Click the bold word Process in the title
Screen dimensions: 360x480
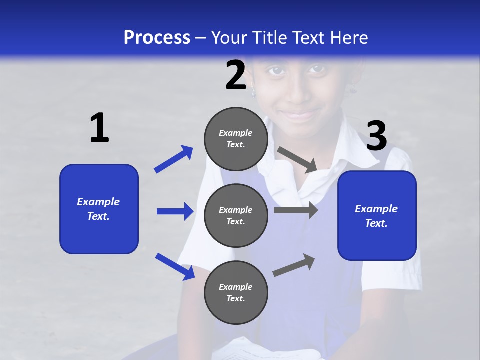click(x=157, y=38)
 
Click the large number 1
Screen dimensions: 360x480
click(x=99, y=128)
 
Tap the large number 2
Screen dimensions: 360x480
click(x=236, y=75)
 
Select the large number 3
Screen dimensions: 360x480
click(x=376, y=136)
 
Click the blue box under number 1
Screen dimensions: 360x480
click(x=99, y=209)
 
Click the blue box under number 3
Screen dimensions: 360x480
click(x=377, y=216)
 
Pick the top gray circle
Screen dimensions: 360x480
click(x=236, y=139)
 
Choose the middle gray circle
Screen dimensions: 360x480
click(x=236, y=216)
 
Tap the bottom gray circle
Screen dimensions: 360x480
click(x=236, y=293)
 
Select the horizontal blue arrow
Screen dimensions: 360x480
click(x=175, y=211)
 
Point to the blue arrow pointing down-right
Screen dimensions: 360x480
click(x=175, y=266)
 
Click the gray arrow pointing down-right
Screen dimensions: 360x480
click(x=297, y=160)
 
